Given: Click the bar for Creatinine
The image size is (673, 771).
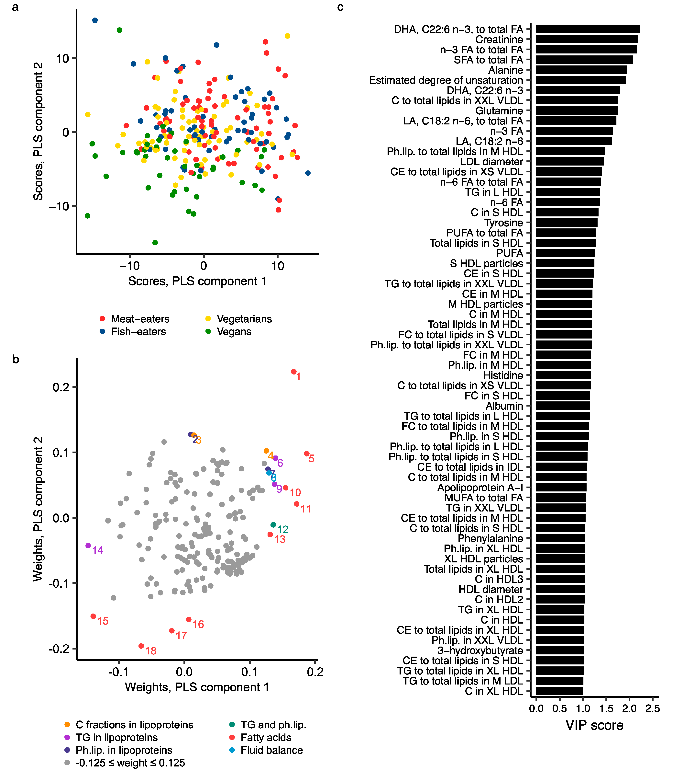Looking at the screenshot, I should [x=587, y=39].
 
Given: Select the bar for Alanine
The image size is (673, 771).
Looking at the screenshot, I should [x=581, y=70].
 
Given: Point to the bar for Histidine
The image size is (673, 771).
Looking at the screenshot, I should [x=563, y=375].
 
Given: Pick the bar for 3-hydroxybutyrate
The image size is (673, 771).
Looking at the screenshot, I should [x=560, y=650].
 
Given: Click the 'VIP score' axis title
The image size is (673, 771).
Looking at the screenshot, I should [x=594, y=725].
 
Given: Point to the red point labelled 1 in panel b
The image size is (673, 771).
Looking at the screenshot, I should [x=294, y=372].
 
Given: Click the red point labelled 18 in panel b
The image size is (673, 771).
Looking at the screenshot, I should [x=141, y=646].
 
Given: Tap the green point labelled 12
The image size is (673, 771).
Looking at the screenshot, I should [x=273, y=525].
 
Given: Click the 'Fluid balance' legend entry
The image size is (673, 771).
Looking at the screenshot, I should [x=271, y=750].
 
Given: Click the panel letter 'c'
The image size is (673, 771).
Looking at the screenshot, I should [x=340, y=7].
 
